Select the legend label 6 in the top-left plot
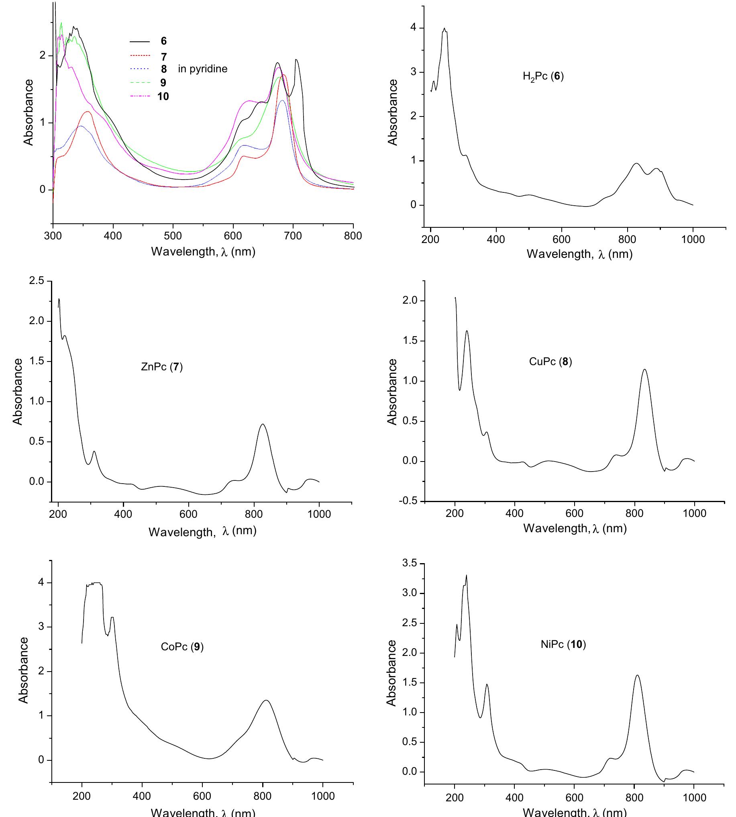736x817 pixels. pos(163,41)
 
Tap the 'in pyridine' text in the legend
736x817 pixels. pos(203,69)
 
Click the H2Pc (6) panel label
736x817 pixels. pos(543,76)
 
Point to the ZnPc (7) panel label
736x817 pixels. pos(162,367)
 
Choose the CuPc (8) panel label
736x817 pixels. pos(550,361)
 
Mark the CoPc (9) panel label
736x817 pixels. pos(182,646)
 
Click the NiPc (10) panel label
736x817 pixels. pos(563,644)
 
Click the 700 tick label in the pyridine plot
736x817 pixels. pos(293,236)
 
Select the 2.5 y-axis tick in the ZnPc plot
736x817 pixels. pos(37,281)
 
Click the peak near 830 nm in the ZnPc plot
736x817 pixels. pos(263,424)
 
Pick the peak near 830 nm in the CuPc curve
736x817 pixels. pos(644,369)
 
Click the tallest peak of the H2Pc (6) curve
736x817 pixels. pos(444,29)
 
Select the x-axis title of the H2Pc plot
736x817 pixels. pos(579,254)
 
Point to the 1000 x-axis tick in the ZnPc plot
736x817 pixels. pos(319,514)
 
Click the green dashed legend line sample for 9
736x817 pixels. pos(139,83)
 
